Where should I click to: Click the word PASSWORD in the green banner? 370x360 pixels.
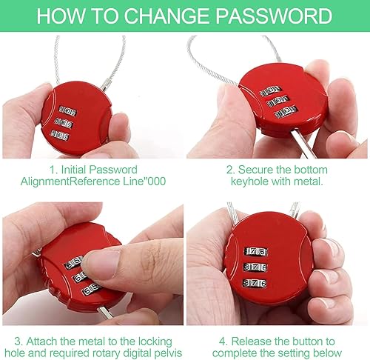coord(275,16)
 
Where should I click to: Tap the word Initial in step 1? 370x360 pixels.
coord(74,170)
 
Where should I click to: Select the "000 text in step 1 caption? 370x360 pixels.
coord(154,181)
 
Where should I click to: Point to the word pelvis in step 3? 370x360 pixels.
coord(168,353)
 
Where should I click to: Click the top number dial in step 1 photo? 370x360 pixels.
coord(67,112)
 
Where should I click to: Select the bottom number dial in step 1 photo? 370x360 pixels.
coord(60,136)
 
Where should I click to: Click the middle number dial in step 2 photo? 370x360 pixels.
coord(278,101)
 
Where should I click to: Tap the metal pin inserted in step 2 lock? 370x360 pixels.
coord(303,144)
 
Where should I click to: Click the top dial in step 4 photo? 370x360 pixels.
coord(256,252)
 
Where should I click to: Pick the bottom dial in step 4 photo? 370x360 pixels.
coord(255,283)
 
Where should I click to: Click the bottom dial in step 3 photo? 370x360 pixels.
coord(92,290)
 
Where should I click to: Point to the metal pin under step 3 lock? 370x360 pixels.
coord(105,312)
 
